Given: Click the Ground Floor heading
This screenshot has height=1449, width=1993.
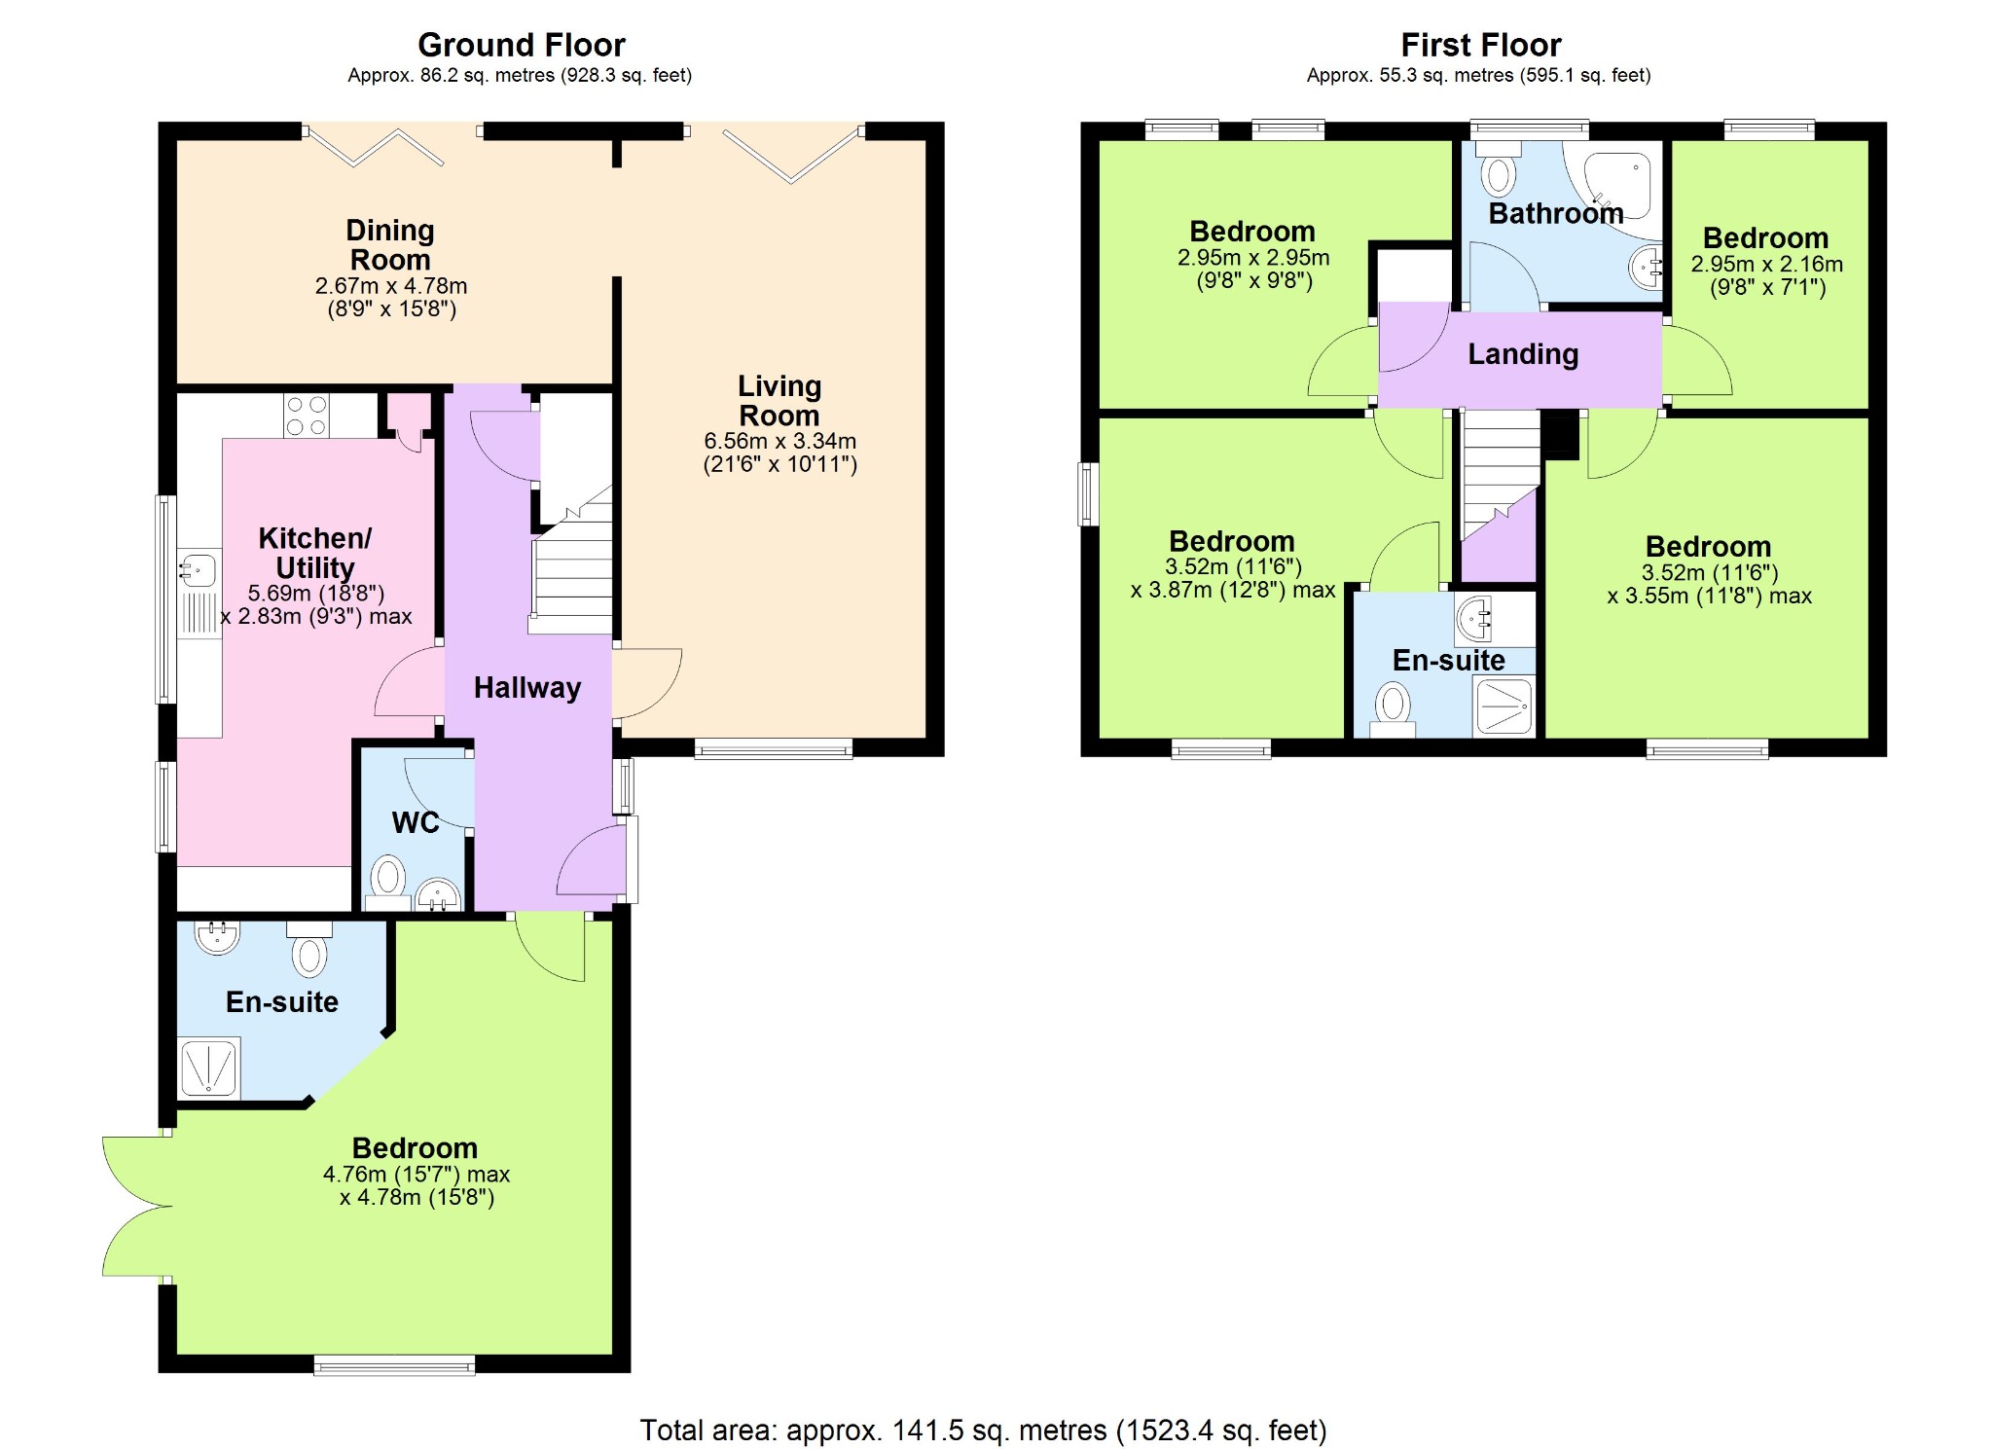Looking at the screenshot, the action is point(522,45).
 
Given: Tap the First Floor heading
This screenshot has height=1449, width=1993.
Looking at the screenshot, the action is point(1481,45).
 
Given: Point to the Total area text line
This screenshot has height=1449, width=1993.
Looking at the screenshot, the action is point(983,1430).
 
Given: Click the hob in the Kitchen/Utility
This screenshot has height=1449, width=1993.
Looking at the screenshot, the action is point(307,416).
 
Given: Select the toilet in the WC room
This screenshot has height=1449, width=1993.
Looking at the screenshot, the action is point(388,882).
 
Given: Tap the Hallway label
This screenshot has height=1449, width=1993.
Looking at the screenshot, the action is point(527,687).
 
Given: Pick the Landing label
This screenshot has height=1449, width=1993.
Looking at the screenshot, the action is point(1523,354).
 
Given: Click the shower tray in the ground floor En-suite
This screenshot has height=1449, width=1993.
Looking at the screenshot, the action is point(209,1069).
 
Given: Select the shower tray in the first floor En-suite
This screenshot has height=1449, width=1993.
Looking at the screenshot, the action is point(1504,705).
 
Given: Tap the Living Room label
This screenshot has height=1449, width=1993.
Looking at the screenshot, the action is point(779,400).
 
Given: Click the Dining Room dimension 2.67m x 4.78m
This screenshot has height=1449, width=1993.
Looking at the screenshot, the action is point(391,286).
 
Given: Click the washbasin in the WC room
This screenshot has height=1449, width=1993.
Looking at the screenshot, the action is point(438,894).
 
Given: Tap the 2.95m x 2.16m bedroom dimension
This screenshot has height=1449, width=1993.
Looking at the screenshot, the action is point(1766,264).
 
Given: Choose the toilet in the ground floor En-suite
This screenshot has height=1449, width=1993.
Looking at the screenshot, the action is point(309,949).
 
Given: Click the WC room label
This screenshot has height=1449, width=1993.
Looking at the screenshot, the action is point(416,822).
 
